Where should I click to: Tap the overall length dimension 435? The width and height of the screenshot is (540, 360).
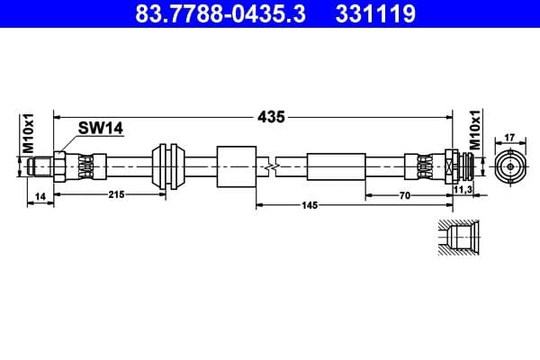coord(271,117)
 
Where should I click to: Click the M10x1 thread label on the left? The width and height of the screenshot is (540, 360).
coord(28,133)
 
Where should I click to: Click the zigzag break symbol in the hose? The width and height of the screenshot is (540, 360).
coord(269,166)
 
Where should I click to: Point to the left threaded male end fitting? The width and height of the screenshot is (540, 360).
coord(45,166)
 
